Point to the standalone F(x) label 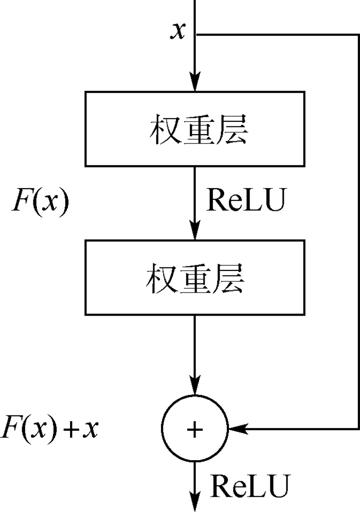(40, 204)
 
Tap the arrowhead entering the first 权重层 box (195, 85)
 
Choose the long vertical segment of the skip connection (357, 231)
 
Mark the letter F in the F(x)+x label (11, 428)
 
